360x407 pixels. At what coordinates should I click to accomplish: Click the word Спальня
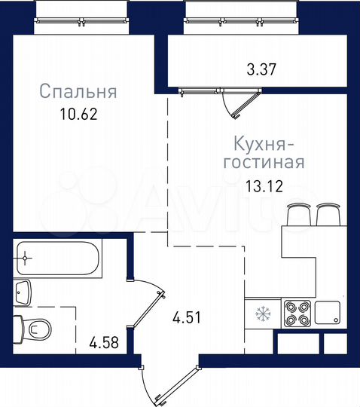tap(78, 93)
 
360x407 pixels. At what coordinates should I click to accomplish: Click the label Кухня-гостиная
tap(263, 152)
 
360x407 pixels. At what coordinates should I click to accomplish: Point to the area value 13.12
tap(264, 186)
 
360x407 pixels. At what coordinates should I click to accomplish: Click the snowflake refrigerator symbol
tap(263, 313)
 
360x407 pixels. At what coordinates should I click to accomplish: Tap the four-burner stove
tap(294, 313)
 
